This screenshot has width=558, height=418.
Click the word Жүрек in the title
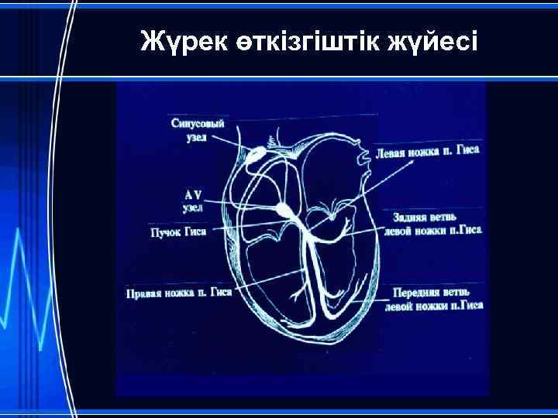pyautogui.click(x=181, y=41)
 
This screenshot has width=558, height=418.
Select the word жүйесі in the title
pyautogui.click(x=437, y=41)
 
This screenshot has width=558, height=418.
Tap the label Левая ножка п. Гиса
pyautogui.click(x=429, y=153)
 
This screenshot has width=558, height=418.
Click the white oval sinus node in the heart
pyautogui.click(x=255, y=158)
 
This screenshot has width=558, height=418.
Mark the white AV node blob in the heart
pyautogui.click(x=283, y=209)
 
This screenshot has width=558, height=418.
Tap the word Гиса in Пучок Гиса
pyautogui.click(x=195, y=232)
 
